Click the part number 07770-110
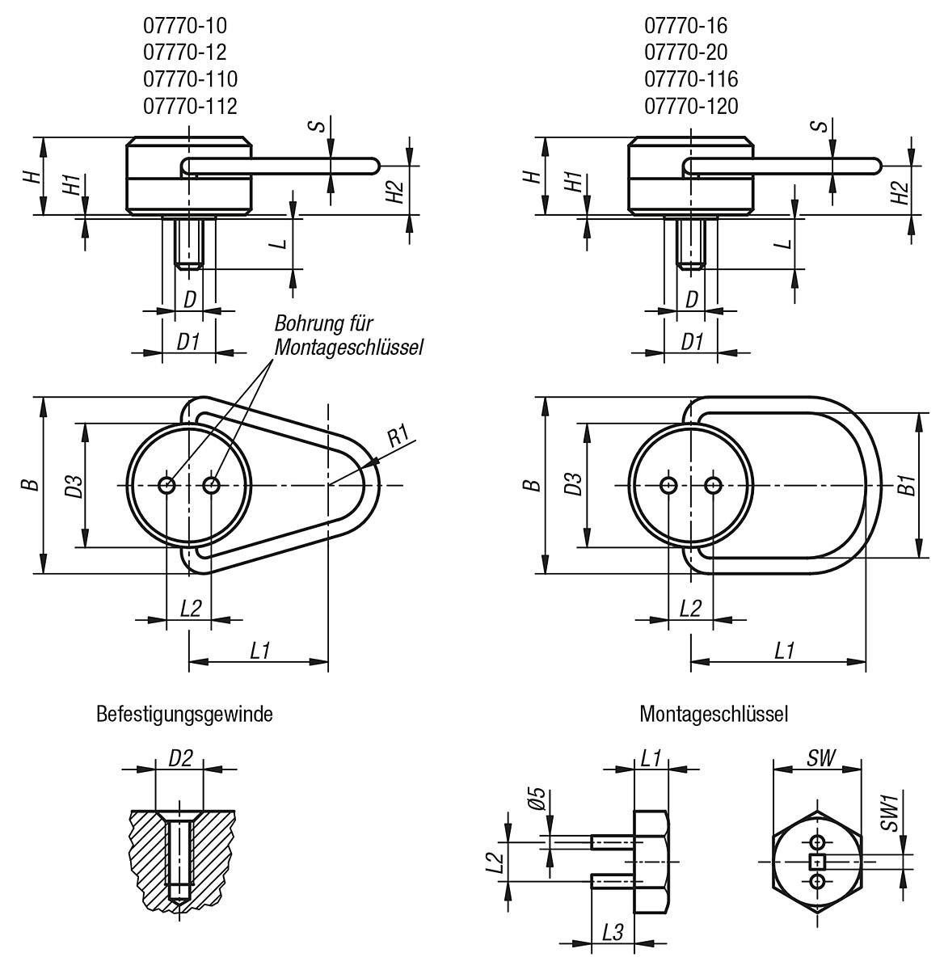click(x=190, y=79)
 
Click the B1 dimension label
click(x=908, y=485)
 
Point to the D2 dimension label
click(x=179, y=758)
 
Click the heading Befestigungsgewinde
click(x=184, y=715)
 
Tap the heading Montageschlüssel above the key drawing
click(x=714, y=715)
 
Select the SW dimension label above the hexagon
click(x=821, y=757)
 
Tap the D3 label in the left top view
click(x=74, y=485)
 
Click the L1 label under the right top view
click(x=783, y=650)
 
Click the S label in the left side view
click(x=319, y=127)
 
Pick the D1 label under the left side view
click(x=188, y=342)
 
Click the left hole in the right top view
click(x=668, y=485)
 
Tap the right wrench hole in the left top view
click(x=212, y=485)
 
